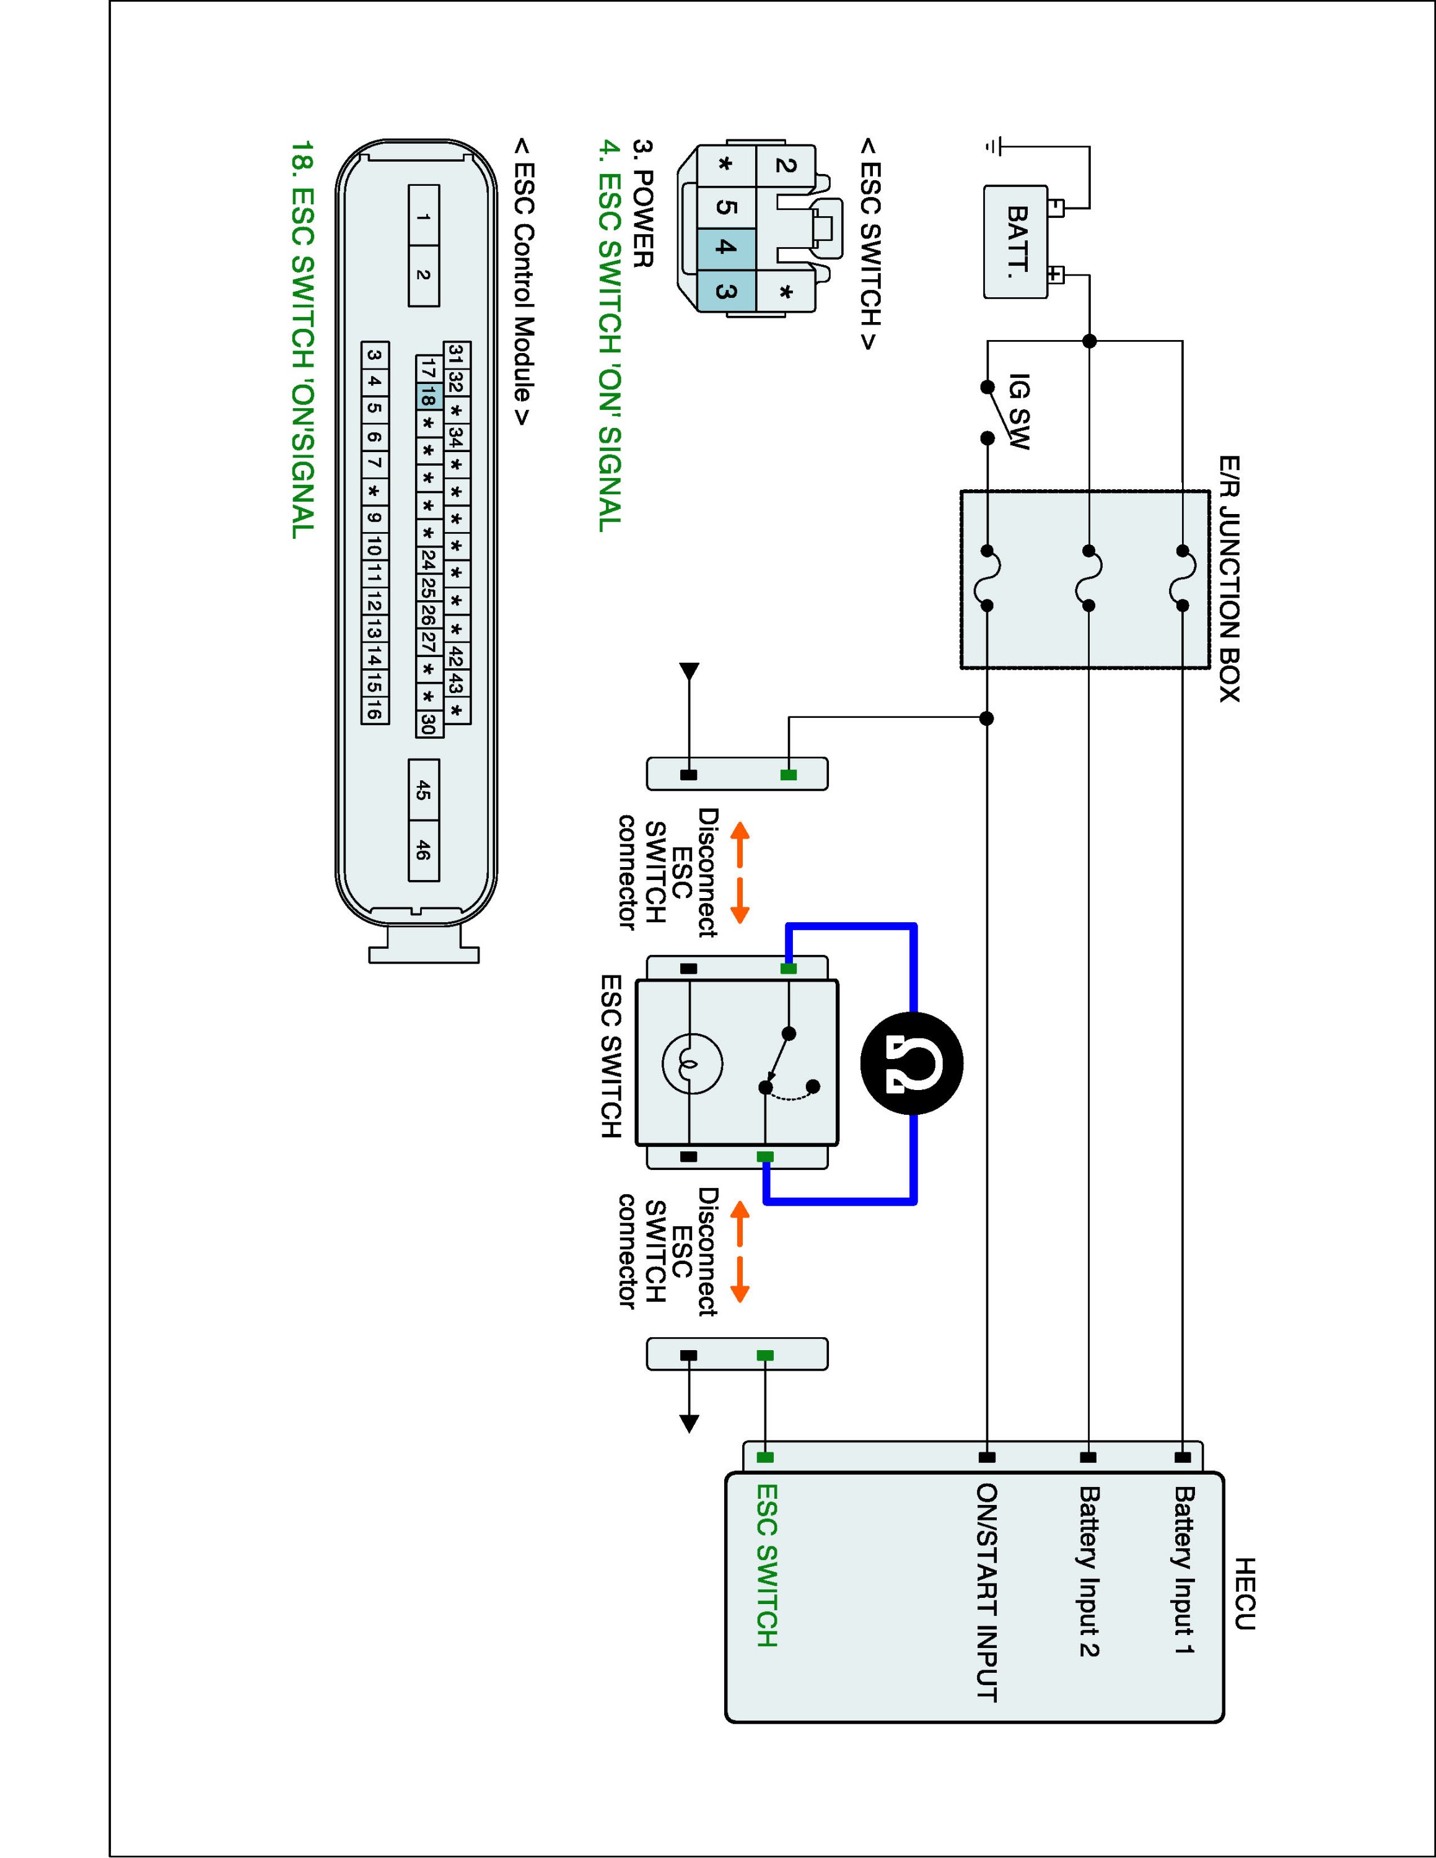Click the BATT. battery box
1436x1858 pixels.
click(1015, 242)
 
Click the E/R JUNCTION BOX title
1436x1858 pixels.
click(1228, 578)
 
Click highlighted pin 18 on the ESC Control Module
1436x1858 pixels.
click(428, 396)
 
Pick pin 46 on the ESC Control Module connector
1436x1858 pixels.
click(424, 850)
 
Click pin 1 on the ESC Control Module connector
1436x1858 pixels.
click(424, 216)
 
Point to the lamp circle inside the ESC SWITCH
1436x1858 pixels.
click(691, 1063)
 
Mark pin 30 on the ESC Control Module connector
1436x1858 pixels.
click(428, 723)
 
